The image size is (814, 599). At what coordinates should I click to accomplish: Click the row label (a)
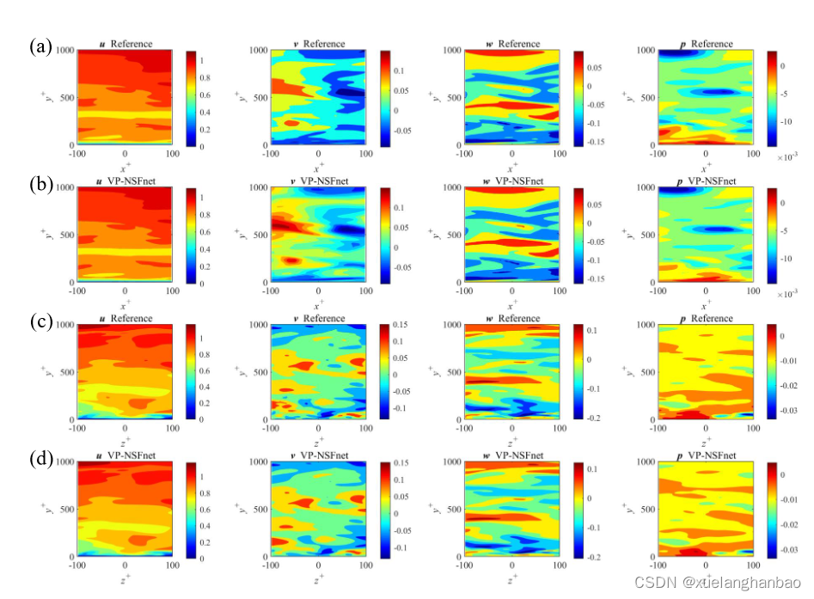pos(40,46)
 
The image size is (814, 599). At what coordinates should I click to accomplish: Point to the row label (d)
pos(40,458)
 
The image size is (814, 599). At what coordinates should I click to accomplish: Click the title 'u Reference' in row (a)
pos(125,44)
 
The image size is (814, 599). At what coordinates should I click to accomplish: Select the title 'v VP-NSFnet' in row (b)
pos(319,181)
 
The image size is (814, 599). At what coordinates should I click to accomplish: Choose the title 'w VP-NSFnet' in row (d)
pos(512,455)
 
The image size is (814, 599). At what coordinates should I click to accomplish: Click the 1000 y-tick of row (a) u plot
pos(65,50)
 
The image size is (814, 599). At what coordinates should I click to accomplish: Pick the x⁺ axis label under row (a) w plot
pos(513,166)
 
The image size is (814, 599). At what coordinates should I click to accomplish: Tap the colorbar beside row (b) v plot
pos(384,235)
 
